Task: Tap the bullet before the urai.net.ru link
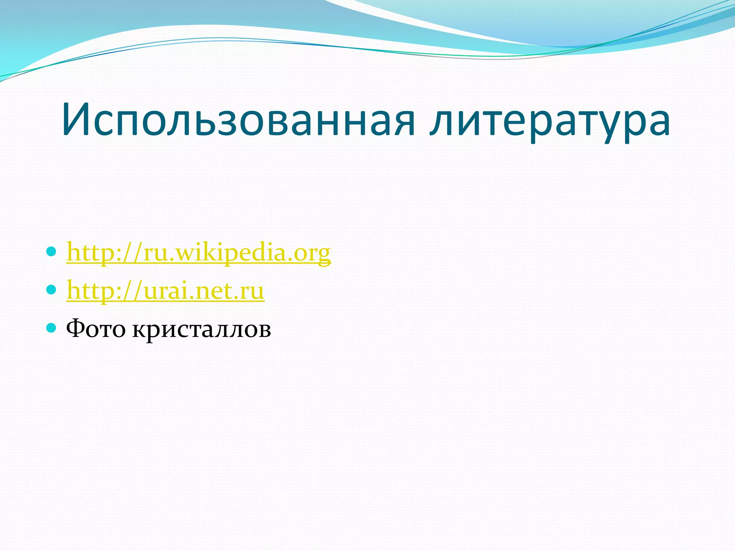tap(52, 289)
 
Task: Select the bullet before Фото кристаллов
tap(52, 327)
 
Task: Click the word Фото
tap(96, 329)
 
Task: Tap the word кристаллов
tap(201, 329)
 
